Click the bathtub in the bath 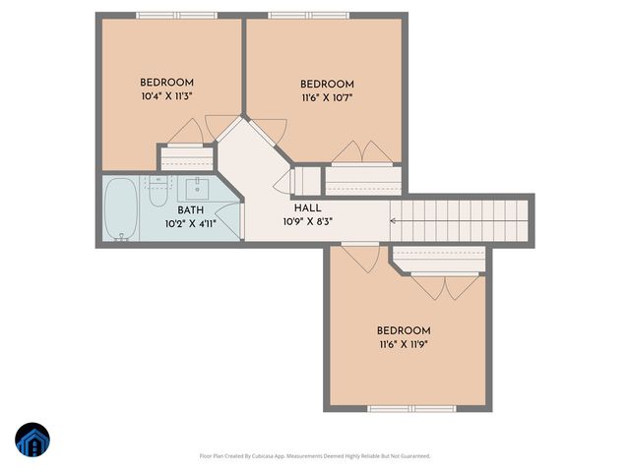point(121,208)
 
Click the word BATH point(191,210)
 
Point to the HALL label point(306,207)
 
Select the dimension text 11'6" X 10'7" point(326,97)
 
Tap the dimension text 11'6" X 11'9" point(403,344)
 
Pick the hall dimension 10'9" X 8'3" point(306,221)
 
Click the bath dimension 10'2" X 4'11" point(191,224)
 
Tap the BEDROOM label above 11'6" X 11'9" point(403,330)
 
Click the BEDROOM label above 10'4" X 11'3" point(166,82)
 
